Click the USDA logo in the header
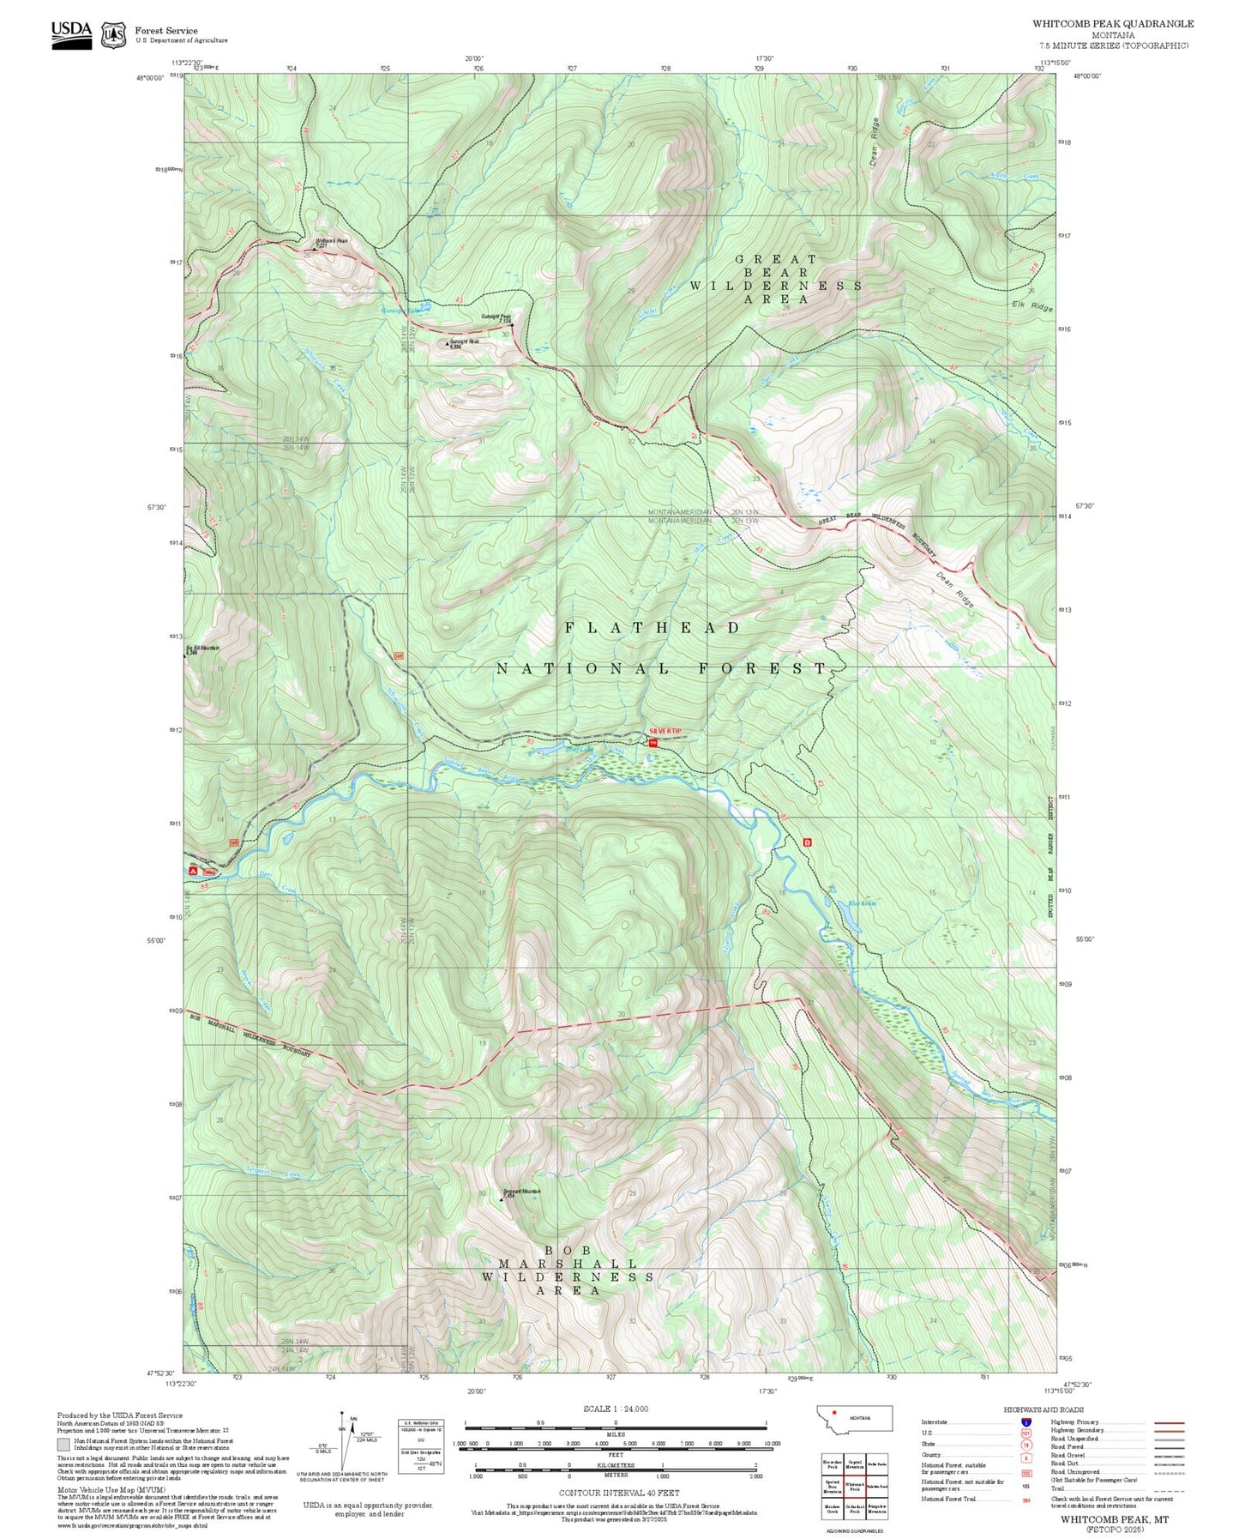click(71, 34)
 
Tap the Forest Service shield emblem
click(113, 35)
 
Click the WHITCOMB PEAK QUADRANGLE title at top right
click(1112, 24)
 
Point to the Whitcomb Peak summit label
click(331, 241)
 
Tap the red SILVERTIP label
click(665, 731)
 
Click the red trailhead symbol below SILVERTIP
click(653, 743)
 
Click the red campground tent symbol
click(193, 871)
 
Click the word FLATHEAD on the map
click(652, 628)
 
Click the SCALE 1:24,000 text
click(615, 1409)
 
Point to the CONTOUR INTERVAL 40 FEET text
click(618, 1494)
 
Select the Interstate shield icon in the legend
click(1026, 1422)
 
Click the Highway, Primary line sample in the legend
click(1169, 1422)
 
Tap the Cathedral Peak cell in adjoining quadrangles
click(854, 1508)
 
